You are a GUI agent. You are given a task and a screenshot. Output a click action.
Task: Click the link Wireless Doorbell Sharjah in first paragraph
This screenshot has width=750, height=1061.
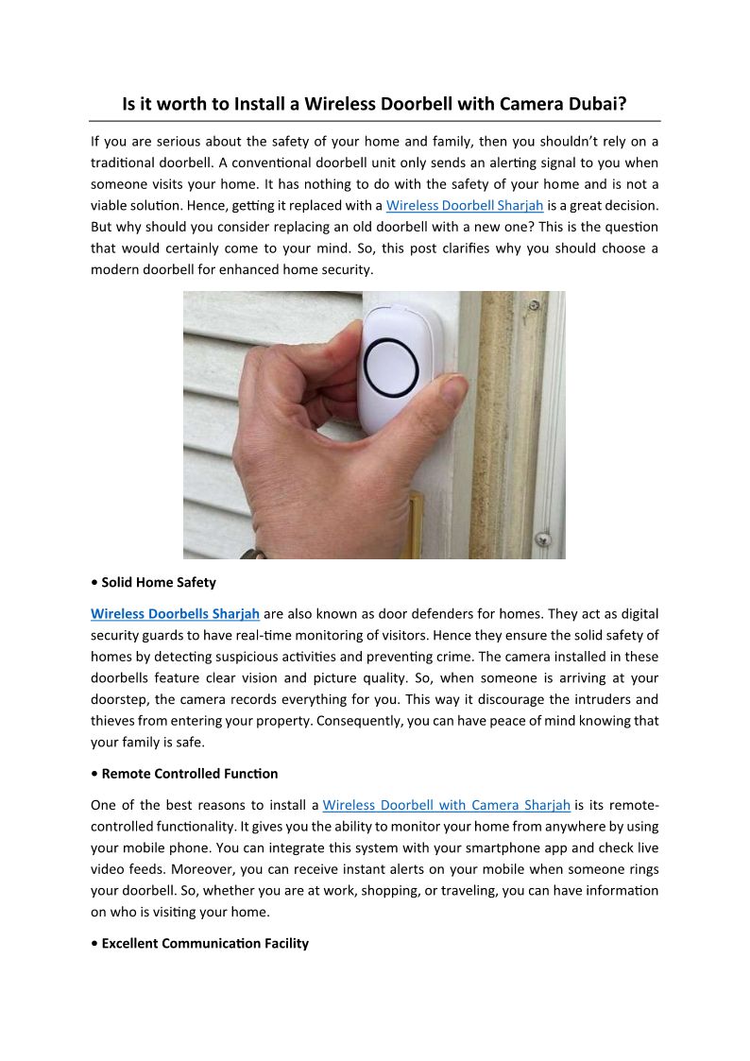(464, 205)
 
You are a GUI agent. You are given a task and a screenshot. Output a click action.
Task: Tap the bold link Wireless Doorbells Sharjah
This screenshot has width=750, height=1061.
(175, 614)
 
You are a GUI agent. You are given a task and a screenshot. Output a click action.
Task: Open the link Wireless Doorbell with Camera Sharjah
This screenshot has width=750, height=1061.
(446, 806)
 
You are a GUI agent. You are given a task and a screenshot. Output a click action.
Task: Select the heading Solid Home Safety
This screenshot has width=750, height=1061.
(159, 582)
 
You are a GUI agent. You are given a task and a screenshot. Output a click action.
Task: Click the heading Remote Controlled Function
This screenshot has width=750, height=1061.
(190, 774)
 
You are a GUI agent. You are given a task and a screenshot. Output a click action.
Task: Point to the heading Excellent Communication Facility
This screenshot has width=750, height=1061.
(205, 944)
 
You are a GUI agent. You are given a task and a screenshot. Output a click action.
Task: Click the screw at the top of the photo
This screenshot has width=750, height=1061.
(535, 305)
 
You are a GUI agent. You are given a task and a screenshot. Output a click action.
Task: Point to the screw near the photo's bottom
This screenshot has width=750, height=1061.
(542, 539)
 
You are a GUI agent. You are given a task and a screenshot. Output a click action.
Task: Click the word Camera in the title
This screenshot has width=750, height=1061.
(500, 104)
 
